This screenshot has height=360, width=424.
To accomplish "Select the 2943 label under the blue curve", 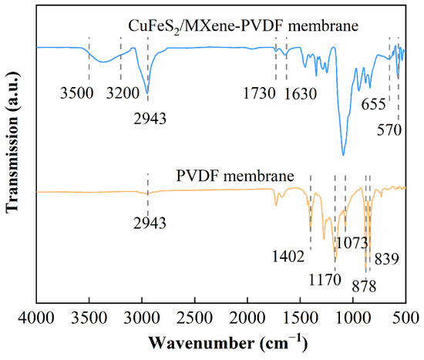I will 147,118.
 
